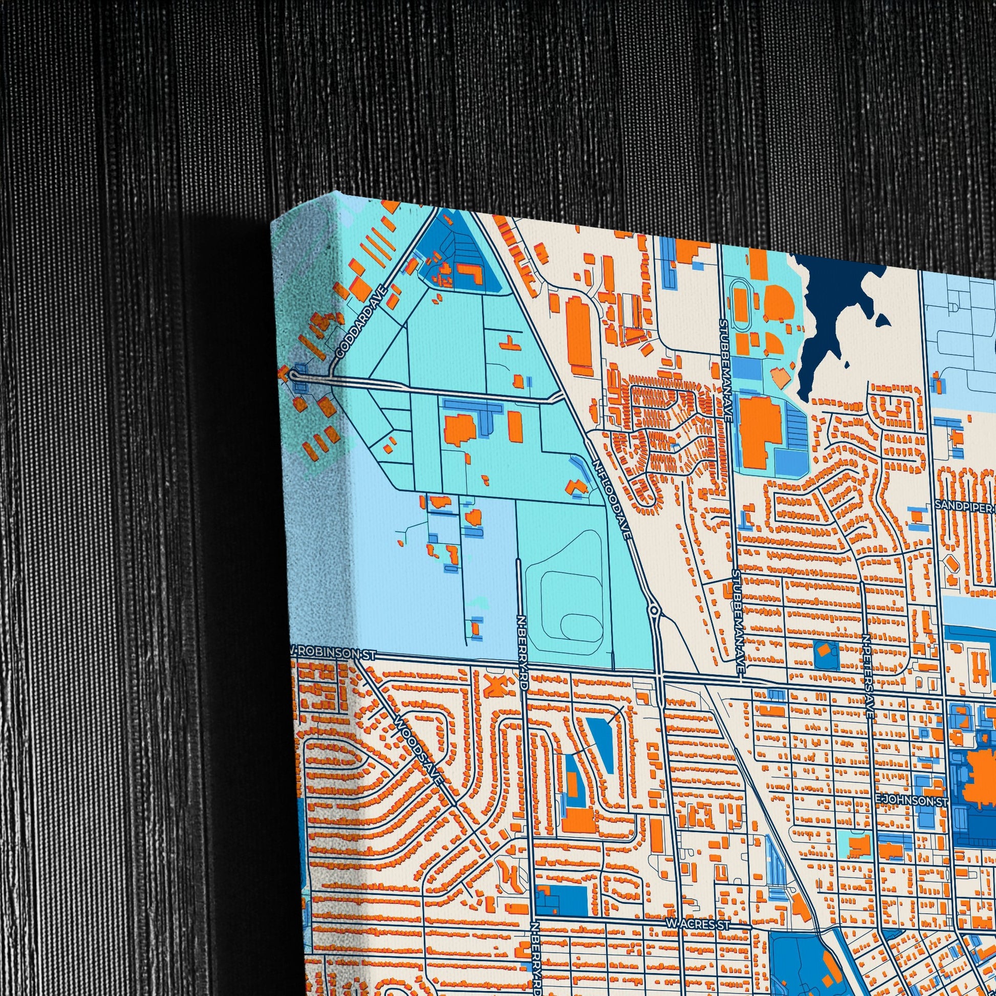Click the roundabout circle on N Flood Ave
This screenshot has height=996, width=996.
654,611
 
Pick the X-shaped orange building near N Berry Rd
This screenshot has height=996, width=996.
494,686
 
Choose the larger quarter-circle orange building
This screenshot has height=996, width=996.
777,300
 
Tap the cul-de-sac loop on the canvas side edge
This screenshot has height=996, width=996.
294,375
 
